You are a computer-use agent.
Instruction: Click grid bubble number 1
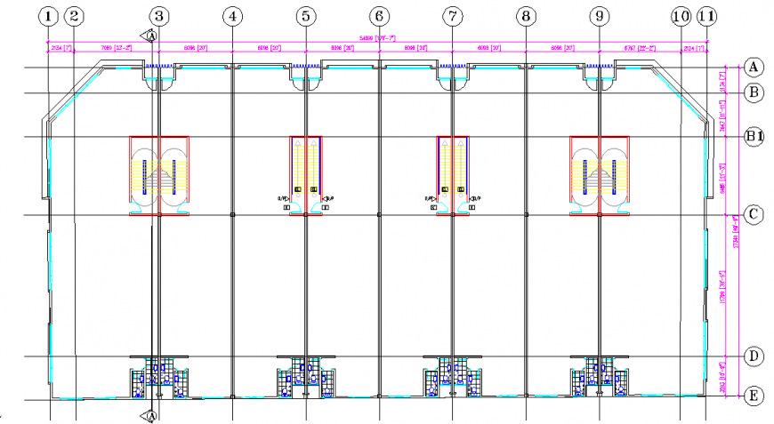[x=49, y=16]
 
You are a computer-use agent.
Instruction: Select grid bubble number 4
[x=232, y=16]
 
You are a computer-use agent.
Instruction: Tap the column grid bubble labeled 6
[x=379, y=16]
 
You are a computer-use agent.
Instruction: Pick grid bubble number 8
[x=526, y=16]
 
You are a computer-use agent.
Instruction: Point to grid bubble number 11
[x=707, y=16]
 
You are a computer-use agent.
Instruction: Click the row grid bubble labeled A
[x=754, y=68]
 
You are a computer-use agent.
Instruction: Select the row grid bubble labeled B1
[x=754, y=136]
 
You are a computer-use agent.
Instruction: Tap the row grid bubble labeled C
[x=754, y=215]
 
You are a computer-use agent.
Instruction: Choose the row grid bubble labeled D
[x=754, y=357]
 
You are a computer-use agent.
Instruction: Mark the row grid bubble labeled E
[x=754, y=396]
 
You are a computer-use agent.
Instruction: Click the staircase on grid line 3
[x=159, y=175]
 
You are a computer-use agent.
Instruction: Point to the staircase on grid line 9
[x=600, y=175]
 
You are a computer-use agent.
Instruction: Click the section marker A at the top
[x=151, y=36]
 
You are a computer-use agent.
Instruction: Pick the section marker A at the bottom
[x=151, y=415]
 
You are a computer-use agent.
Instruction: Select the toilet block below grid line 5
[x=306, y=377]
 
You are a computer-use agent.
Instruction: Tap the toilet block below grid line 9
[x=600, y=377]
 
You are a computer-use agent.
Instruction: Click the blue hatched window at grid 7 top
[x=453, y=67]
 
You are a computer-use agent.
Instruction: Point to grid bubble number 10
[x=681, y=16]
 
